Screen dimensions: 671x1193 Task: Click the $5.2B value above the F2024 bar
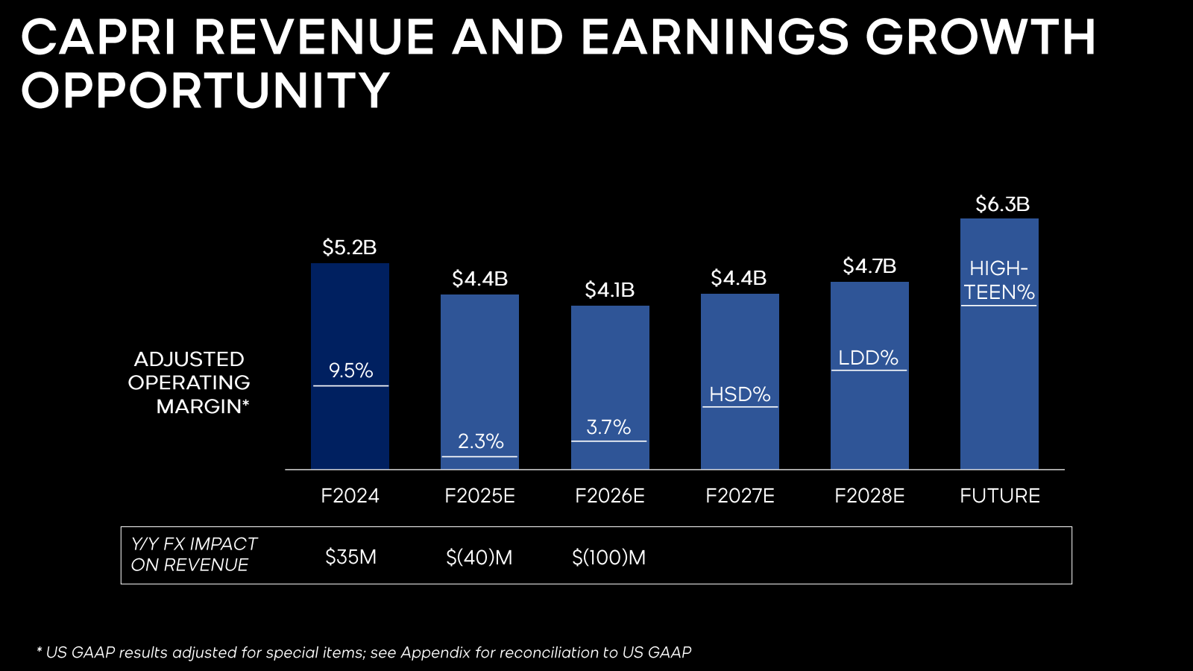click(350, 248)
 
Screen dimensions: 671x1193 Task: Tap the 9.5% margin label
click(350, 371)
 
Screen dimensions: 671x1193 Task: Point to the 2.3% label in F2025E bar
click(480, 441)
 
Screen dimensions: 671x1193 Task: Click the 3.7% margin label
click(608, 427)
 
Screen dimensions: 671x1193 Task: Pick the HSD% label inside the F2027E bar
click(740, 394)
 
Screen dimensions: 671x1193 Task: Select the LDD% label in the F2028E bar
click(869, 358)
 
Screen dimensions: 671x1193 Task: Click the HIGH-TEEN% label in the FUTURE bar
click(999, 280)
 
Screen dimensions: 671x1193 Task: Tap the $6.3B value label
click(1002, 204)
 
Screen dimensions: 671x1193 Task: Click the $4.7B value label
click(869, 266)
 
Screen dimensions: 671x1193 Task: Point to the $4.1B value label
click(609, 290)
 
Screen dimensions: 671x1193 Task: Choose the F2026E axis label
click(609, 496)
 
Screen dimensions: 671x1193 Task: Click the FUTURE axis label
click(999, 496)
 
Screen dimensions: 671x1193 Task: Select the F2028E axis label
click(869, 496)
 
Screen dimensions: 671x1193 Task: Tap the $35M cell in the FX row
click(350, 557)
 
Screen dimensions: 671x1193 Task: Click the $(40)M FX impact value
click(479, 557)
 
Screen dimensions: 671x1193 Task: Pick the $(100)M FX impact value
click(608, 557)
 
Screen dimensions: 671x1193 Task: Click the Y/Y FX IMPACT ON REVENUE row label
click(194, 555)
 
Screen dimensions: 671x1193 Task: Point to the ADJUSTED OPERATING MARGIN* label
click(189, 382)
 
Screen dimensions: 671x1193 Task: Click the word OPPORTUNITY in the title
click(206, 91)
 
